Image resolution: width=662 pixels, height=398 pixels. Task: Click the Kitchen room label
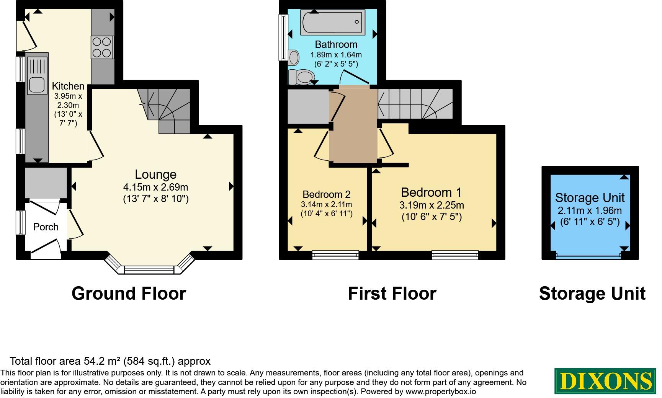(68, 86)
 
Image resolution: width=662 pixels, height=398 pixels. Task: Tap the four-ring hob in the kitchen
(102, 47)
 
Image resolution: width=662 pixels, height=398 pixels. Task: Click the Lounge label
(155, 175)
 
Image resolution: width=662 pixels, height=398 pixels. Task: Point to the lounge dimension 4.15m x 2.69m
(155, 188)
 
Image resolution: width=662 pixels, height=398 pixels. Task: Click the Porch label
(46, 227)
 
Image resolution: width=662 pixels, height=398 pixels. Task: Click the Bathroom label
(336, 44)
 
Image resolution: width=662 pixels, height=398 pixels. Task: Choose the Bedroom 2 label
(326, 194)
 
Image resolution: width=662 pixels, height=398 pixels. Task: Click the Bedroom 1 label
(432, 192)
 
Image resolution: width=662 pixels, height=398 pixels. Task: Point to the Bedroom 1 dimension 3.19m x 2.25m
(432, 206)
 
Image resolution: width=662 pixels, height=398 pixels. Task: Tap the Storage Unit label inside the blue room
(590, 198)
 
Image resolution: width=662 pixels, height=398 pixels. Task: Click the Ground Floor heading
(129, 294)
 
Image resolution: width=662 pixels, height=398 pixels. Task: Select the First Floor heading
(392, 294)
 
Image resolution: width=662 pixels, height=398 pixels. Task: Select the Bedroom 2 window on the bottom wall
(335, 255)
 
